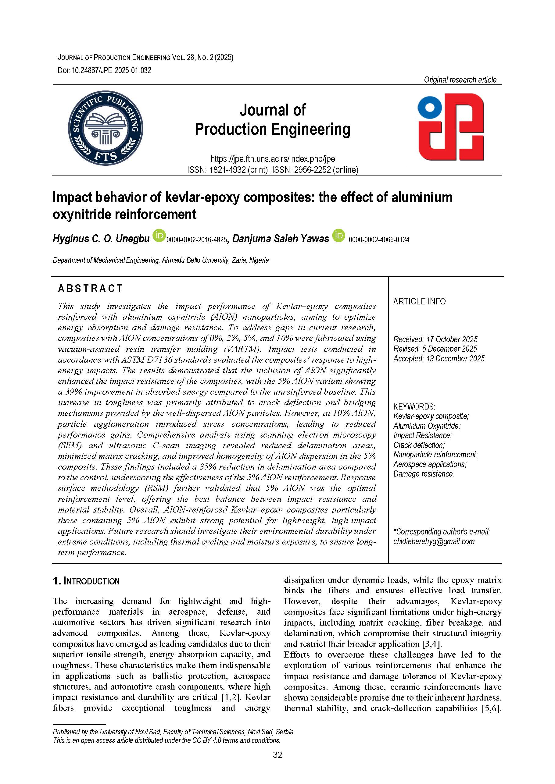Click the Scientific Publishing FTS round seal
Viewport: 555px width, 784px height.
[106, 128]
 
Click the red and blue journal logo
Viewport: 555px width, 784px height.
[451, 127]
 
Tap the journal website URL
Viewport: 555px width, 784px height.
[273, 159]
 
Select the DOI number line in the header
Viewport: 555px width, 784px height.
[105, 71]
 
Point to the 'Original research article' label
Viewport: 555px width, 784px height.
[460, 80]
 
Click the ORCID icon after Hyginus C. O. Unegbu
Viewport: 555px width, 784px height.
[159, 236]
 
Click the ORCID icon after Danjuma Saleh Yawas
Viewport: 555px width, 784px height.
[339, 236]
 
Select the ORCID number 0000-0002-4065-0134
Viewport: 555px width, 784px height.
[379, 240]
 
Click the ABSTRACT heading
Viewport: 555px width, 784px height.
[90, 289]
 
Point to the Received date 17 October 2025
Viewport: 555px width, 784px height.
[435, 339]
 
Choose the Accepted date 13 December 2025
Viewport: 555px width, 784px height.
[439, 359]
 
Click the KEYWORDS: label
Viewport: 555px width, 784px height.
[414, 407]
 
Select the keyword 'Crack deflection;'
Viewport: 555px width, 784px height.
[419, 445]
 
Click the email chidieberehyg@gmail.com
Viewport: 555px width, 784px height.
[434, 541]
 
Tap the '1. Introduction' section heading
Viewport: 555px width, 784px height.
[86, 581]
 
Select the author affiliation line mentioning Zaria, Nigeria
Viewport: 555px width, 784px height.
[161, 260]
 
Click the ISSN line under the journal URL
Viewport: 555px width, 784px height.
[273, 170]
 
